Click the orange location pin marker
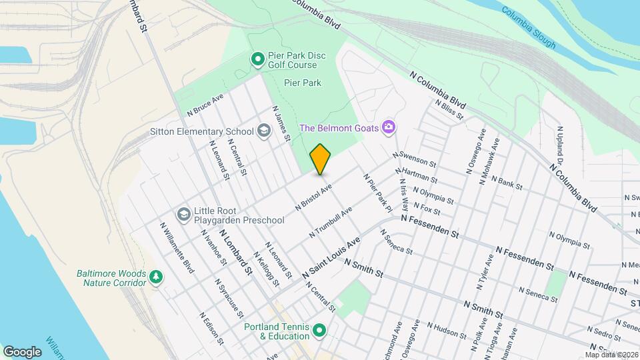click(x=320, y=159)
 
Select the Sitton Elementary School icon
click(x=264, y=131)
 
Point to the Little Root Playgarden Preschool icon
click(x=183, y=215)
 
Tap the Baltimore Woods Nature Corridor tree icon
click(x=156, y=277)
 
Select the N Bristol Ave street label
click(x=313, y=198)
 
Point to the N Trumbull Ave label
click(x=331, y=222)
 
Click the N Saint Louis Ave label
click(x=331, y=257)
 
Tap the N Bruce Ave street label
click(x=205, y=103)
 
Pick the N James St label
click(x=282, y=123)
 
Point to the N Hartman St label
click(x=417, y=175)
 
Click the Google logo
click(x=22, y=351)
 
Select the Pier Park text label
click(x=303, y=83)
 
